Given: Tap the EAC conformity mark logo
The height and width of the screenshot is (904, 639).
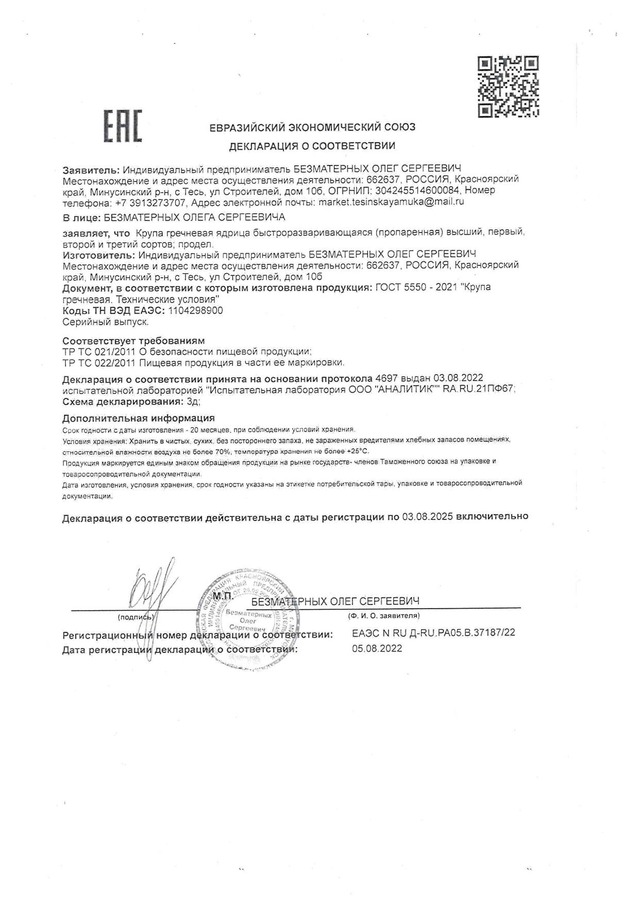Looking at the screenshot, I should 124,125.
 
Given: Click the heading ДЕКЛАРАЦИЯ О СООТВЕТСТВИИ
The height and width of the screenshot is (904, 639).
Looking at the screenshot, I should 312,146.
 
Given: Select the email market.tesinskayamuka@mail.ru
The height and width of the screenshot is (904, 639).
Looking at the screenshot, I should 391,202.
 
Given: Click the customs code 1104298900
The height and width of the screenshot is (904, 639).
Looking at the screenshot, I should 196,311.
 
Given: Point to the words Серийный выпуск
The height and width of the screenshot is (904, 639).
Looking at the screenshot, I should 106,322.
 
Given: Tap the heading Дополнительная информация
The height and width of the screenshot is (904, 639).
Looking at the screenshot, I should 138,418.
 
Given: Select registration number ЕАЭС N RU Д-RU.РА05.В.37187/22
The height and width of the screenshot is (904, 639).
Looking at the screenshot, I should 433,633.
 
